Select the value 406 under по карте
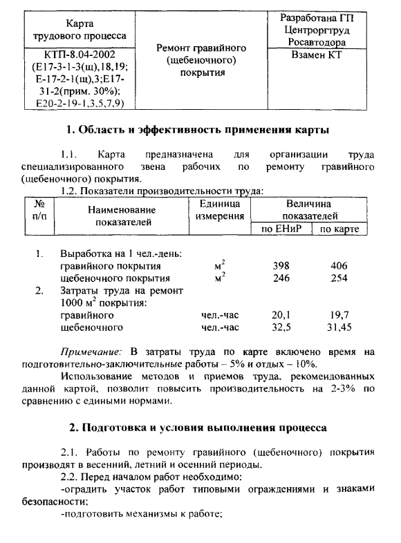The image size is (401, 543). [339, 265]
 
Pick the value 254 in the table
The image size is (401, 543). [339, 278]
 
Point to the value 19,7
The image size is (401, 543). [339, 315]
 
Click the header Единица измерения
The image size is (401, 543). [219, 211]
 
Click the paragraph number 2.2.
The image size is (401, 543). [71, 477]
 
